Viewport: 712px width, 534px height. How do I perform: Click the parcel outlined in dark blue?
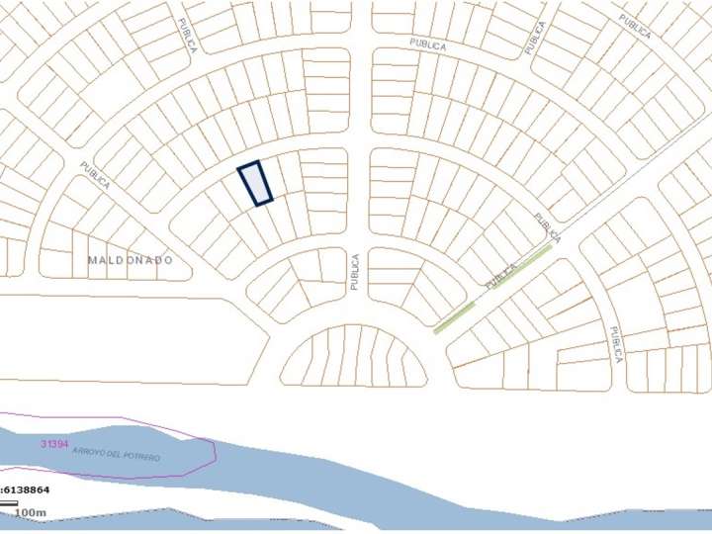coord(255,183)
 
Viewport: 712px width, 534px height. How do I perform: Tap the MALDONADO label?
coord(130,260)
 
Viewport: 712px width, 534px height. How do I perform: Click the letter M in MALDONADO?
coord(92,260)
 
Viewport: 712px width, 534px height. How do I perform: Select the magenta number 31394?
coord(54,444)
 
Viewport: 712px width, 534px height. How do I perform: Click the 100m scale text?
coord(31,512)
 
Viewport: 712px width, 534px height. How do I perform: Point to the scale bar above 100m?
coord(9,504)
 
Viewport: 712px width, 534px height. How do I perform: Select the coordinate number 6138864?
coord(27,489)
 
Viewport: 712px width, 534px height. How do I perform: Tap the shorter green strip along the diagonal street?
coord(454,317)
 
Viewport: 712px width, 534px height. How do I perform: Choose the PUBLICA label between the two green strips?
coord(502,276)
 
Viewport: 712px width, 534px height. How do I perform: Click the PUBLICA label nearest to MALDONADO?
coord(95,175)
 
